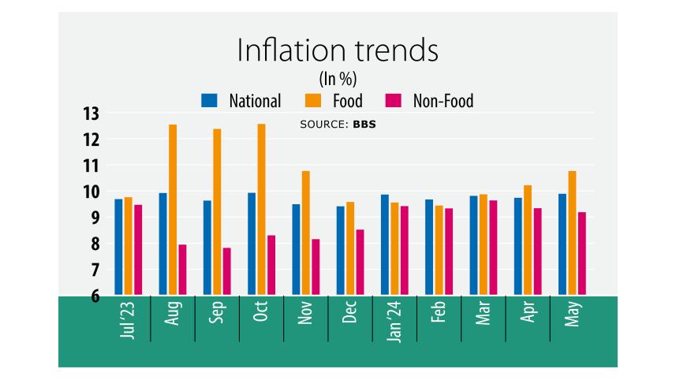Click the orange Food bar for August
click(x=173, y=210)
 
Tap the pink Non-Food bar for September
click(x=227, y=272)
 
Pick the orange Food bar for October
click(x=262, y=210)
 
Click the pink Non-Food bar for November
click(x=316, y=267)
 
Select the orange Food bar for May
click(x=573, y=233)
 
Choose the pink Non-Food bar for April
click(x=538, y=251)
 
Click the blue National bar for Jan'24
click(x=385, y=245)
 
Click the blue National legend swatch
click(x=209, y=101)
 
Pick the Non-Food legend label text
click(x=443, y=101)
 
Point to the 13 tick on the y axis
click(x=92, y=114)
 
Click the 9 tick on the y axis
click(x=95, y=218)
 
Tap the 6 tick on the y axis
click(x=95, y=296)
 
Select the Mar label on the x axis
click(x=484, y=313)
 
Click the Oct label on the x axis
click(x=261, y=313)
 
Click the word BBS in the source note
click(x=364, y=125)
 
